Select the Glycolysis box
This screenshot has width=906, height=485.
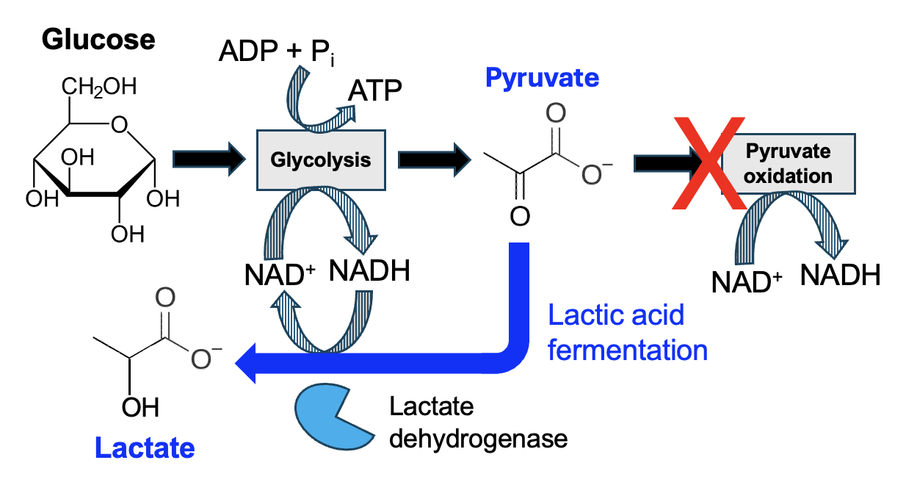click(x=321, y=159)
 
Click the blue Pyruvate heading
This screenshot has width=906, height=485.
click(x=542, y=77)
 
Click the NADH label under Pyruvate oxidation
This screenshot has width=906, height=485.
click(x=840, y=276)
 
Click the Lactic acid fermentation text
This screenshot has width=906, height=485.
click(x=628, y=333)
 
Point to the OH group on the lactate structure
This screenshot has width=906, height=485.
click(x=139, y=408)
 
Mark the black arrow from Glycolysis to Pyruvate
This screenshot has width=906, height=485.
click(x=434, y=159)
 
